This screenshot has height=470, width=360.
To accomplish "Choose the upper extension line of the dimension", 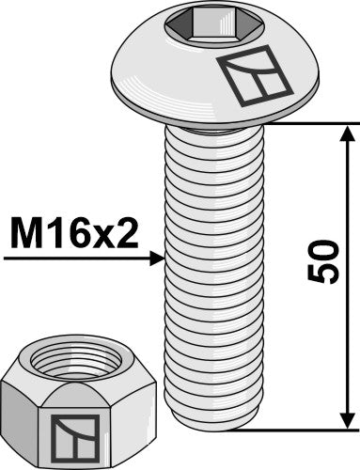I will [x=301, y=121].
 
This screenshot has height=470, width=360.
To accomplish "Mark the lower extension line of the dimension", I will [x=301, y=429].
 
